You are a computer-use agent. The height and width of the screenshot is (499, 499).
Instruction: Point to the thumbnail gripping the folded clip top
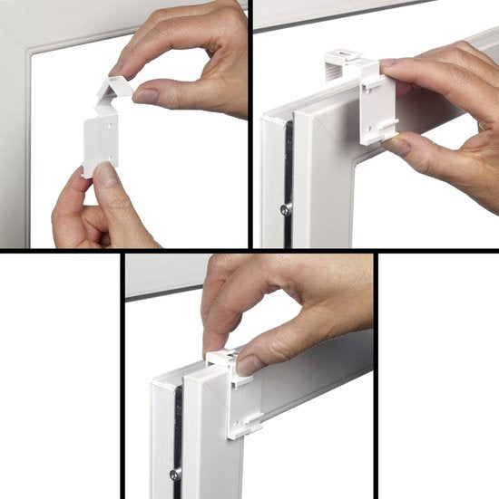(x=145, y=93)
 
